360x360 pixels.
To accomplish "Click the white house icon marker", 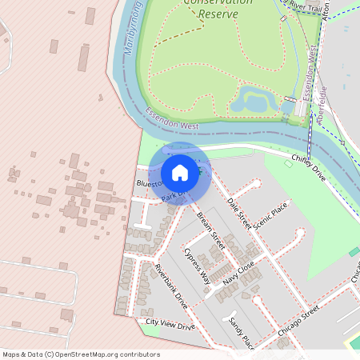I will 180,173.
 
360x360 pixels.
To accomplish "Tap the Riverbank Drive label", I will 171,286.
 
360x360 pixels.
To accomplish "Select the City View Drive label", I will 170,326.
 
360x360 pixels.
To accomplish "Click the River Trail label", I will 308,6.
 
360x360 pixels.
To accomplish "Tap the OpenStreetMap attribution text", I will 81,354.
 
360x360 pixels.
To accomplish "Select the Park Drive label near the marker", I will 173,194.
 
